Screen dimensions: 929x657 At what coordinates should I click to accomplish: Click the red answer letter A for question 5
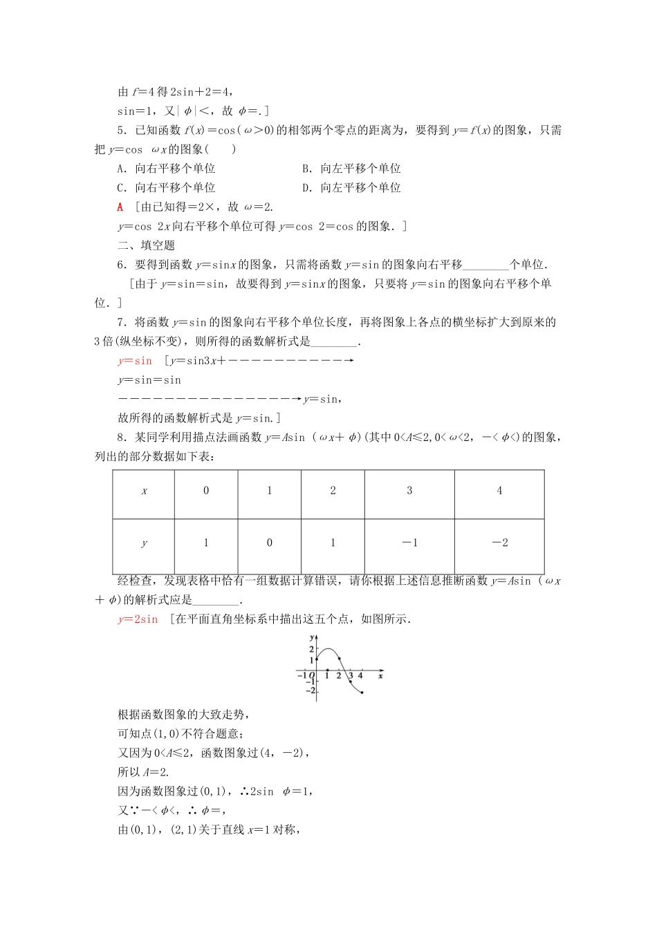pos(120,207)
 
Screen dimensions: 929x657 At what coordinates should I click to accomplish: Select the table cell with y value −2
pos(499,543)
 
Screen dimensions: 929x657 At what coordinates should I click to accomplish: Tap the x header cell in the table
pos(144,491)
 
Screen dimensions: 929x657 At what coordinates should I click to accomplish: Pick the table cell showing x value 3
pos(409,491)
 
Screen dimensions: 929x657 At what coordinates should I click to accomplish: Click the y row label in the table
pos(144,543)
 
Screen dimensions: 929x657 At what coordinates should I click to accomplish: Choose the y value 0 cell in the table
pos(269,543)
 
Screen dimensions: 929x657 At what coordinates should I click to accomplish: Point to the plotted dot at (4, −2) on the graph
pos(362,692)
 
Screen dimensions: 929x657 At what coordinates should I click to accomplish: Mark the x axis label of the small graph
pos(380,675)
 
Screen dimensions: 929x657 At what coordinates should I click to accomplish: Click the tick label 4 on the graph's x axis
pos(360,676)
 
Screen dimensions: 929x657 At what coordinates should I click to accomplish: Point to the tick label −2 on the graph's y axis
pos(311,691)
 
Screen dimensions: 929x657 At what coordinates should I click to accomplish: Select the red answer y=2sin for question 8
pos(138,619)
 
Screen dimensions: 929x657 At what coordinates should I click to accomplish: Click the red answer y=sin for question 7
pos(135,361)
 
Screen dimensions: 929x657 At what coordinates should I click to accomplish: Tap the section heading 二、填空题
pos(146,245)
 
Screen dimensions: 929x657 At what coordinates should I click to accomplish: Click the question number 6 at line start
pos(121,265)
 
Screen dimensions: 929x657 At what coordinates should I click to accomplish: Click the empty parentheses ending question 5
pos(223,149)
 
